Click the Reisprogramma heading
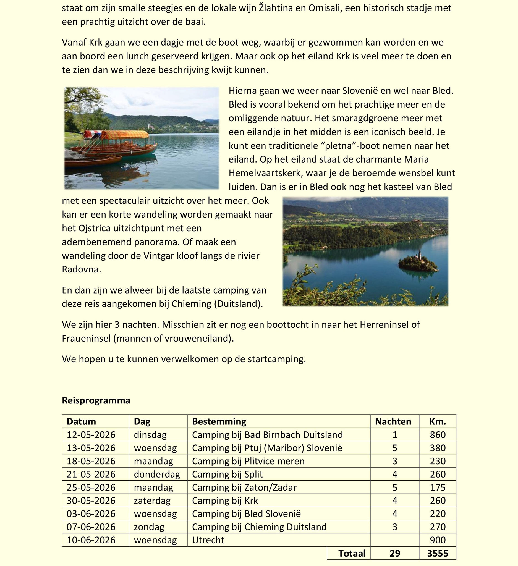tap(96, 400)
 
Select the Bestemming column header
tap(219, 421)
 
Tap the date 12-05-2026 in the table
tap(91, 435)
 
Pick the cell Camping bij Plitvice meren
tap(248, 461)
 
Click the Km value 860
tap(437, 435)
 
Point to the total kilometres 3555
tap(437, 553)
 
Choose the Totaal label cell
tap(352, 553)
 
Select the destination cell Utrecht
tap(208, 540)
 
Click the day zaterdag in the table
tap(152, 501)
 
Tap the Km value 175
tap(437, 488)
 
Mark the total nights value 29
tap(394, 553)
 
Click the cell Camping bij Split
tap(227, 474)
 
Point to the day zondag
tap(149, 527)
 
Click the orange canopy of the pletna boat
tap(125, 135)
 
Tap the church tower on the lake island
tap(419, 254)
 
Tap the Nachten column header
tap(393, 421)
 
